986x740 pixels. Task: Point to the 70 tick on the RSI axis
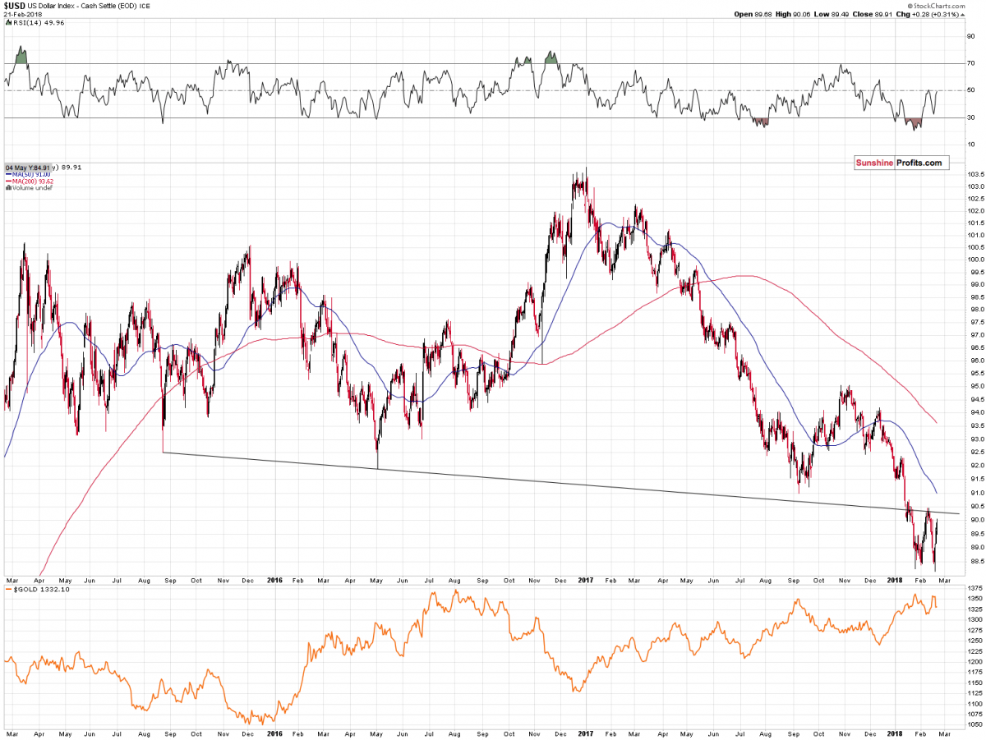[971, 63]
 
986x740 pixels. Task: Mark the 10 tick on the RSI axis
[971, 145]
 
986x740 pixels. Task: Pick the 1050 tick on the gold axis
[973, 724]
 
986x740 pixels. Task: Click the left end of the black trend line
[164, 452]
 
